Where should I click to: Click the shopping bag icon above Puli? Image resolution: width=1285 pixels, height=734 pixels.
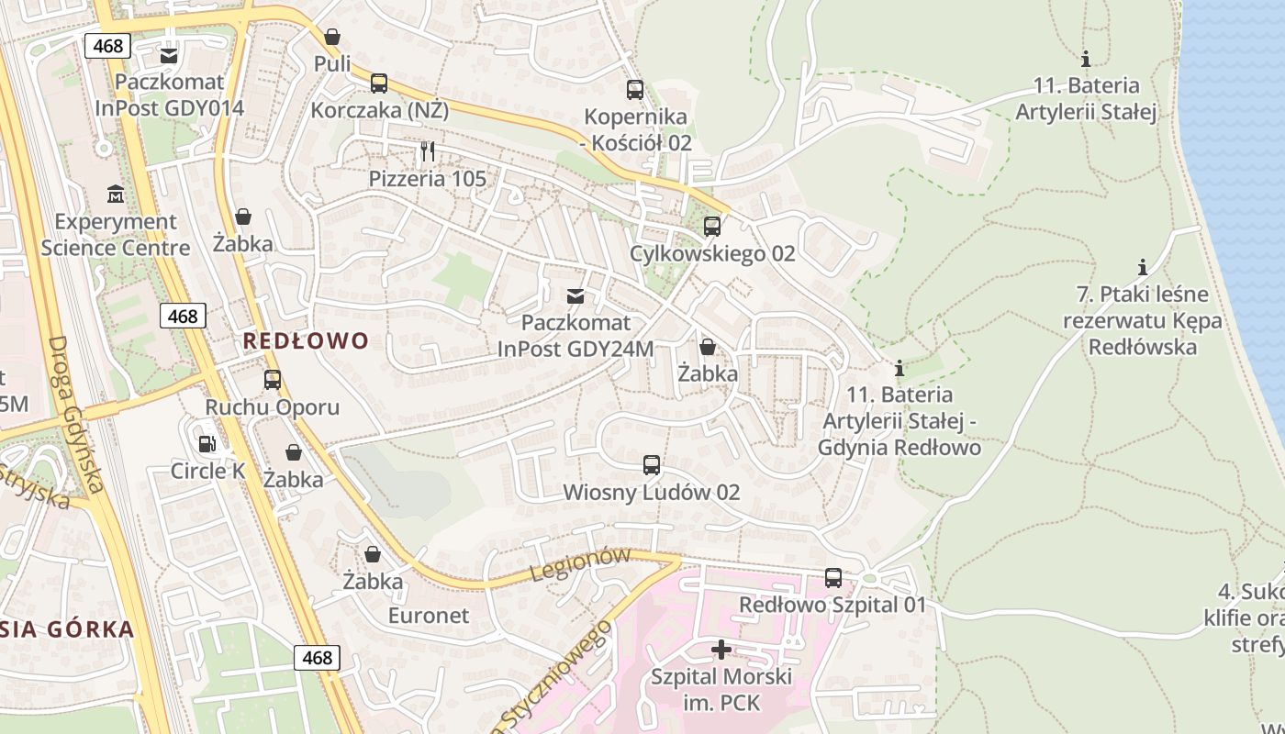[332, 37]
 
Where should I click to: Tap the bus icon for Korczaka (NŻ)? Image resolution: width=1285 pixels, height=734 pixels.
[378, 83]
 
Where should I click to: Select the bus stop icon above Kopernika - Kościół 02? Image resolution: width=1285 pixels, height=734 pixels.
[635, 90]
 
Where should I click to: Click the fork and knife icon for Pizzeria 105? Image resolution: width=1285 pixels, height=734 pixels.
[427, 150]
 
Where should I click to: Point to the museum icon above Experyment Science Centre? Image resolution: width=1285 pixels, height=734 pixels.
[116, 195]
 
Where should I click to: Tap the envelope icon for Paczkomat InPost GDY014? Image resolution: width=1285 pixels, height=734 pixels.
[169, 55]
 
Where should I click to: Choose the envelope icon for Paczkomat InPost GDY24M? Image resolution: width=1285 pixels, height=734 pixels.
[575, 295]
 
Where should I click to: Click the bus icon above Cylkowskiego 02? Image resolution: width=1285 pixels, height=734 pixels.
[712, 226]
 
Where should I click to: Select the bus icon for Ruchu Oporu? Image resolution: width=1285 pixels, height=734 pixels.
[272, 380]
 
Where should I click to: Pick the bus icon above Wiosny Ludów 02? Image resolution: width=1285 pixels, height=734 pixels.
[652, 465]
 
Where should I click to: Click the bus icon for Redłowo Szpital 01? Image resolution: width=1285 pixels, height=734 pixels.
[833, 578]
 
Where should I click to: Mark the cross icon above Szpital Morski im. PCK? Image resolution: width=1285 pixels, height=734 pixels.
[721, 650]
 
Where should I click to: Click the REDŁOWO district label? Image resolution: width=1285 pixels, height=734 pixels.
[306, 341]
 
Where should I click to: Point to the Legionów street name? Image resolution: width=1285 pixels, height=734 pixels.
[581, 563]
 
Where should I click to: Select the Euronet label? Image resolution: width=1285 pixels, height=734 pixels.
[428, 615]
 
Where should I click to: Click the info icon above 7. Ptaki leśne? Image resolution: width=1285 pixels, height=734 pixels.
[1143, 267]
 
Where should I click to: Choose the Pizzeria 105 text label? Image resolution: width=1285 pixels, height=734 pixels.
[428, 179]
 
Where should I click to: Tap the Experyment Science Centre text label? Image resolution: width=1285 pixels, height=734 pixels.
[116, 235]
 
